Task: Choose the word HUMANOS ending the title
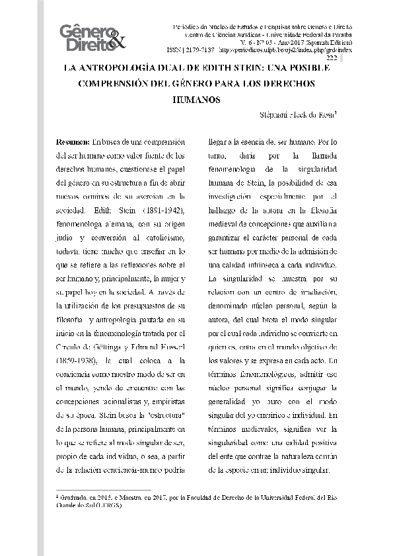(196, 100)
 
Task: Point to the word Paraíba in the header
(340, 33)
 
